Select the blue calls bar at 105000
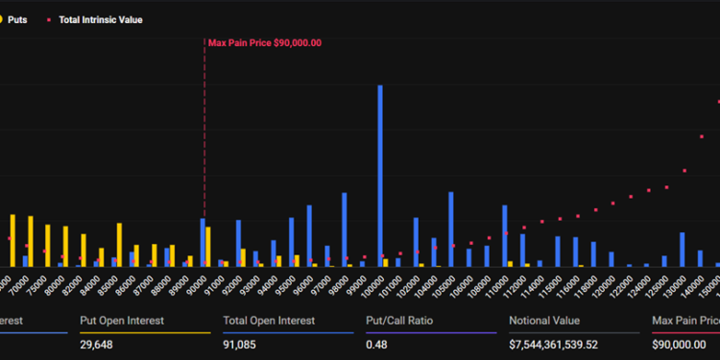point(450,228)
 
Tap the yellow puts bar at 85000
point(119,244)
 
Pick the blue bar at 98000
point(345,228)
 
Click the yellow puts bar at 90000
point(208,246)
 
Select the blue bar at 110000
point(504,234)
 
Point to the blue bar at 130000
point(682,249)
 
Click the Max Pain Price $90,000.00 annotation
point(265,42)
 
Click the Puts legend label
point(17,19)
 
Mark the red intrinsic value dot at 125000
point(665,184)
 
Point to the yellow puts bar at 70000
point(12,239)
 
